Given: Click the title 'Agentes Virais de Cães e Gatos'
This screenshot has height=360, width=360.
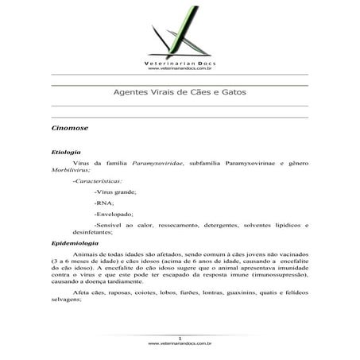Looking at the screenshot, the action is (179, 93).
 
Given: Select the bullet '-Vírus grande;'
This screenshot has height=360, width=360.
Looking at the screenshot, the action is (115, 193).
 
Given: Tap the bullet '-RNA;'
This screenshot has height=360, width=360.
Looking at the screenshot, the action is (104, 204).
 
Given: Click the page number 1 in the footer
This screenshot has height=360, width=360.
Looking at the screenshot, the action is (180, 339).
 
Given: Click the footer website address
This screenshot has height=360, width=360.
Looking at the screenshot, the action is (179, 344).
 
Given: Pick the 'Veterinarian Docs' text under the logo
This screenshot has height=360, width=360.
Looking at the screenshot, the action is (179, 62).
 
